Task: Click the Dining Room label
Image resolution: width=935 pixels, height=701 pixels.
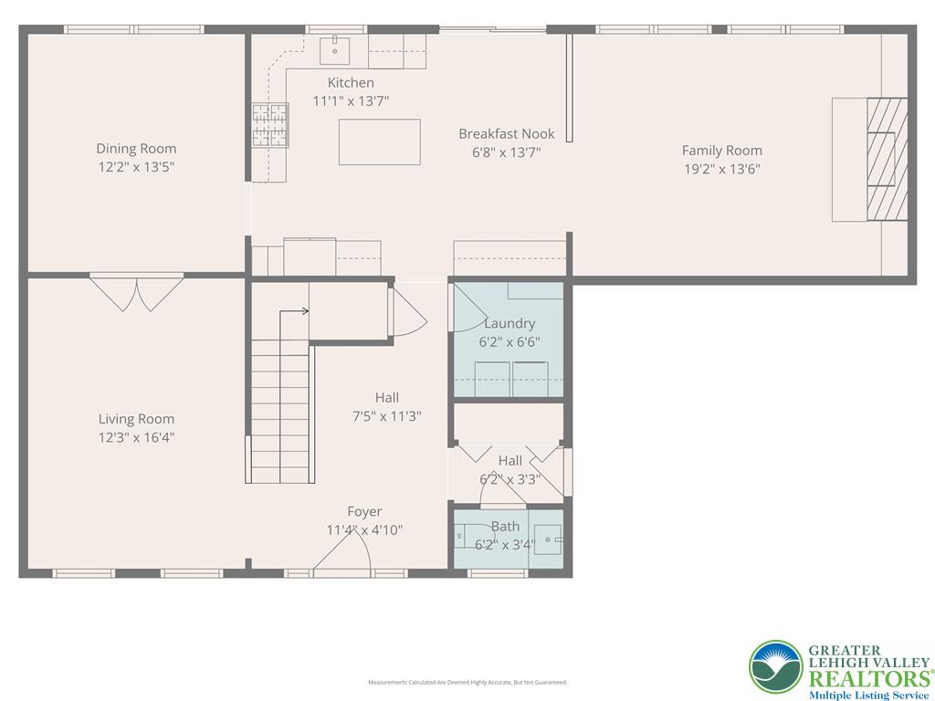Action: tap(136, 149)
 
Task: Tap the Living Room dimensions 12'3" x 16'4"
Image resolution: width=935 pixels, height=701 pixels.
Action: tap(136, 437)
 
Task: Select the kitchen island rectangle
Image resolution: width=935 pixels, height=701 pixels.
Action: tap(379, 141)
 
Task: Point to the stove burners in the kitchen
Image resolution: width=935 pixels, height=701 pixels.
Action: tap(269, 125)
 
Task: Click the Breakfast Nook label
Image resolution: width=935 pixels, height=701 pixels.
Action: tap(506, 134)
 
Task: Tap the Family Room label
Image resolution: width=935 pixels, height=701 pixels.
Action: tap(721, 151)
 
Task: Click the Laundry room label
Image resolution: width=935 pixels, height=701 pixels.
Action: tap(510, 323)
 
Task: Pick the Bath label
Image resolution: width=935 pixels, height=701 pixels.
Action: tap(505, 526)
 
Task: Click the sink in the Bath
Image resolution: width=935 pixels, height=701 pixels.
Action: tap(548, 539)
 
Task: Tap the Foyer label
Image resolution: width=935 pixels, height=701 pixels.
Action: tap(364, 511)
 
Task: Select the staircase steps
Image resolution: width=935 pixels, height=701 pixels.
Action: tap(280, 411)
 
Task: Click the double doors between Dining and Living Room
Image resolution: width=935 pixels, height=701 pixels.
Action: tap(136, 292)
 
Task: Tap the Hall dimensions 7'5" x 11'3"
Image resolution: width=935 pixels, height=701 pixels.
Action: tap(386, 416)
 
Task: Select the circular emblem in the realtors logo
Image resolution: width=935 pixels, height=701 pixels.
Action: tap(776, 666)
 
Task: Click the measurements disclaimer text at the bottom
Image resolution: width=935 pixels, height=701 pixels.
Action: tap(467, 682)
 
